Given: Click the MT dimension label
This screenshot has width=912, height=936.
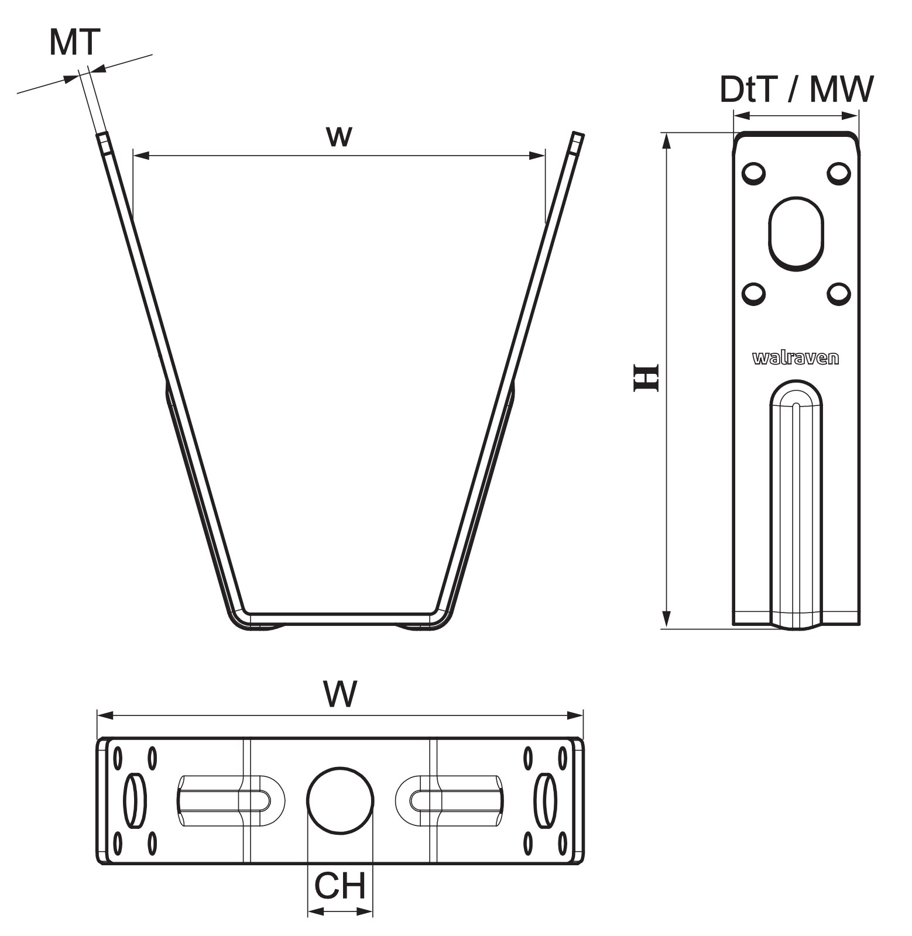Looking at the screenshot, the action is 75,42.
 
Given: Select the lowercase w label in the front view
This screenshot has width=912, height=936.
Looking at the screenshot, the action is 340,136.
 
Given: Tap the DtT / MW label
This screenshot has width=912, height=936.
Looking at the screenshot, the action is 797,89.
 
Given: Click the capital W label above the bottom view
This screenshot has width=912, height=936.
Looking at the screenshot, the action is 340,694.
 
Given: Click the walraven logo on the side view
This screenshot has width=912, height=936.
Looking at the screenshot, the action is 796,358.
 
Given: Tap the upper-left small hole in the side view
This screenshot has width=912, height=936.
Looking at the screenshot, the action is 753,174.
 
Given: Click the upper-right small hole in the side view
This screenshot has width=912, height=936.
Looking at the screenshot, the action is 838,174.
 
